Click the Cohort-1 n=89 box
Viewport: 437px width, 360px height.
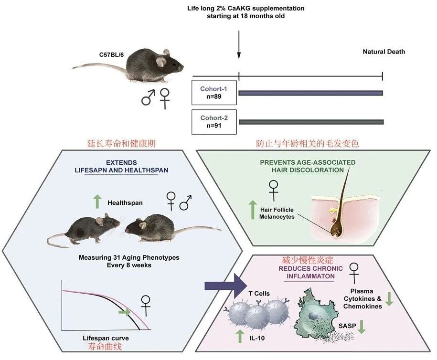214,93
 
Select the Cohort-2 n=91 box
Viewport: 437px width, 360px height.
214,122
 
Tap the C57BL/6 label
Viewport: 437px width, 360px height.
111,54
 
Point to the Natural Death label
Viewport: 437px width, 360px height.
384,52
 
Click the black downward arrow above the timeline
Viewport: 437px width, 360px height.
239,44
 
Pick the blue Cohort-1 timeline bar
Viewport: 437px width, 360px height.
311,93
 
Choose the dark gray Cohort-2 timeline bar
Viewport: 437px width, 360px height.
311,122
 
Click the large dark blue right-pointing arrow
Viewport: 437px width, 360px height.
226,286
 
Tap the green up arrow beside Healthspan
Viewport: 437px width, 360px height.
97,202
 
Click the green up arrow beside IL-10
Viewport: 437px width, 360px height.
240,337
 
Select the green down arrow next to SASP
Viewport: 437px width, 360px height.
362,327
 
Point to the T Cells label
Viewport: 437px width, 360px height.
259,294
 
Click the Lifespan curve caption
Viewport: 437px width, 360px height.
106,338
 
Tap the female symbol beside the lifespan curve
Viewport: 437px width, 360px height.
146,306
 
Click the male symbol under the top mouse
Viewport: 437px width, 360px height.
148,97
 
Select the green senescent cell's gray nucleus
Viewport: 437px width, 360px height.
313,316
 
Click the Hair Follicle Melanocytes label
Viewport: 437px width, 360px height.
277,213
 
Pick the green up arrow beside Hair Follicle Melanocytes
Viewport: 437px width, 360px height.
253,210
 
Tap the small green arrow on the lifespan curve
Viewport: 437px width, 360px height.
124,312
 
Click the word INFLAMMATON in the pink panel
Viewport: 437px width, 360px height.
310,276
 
